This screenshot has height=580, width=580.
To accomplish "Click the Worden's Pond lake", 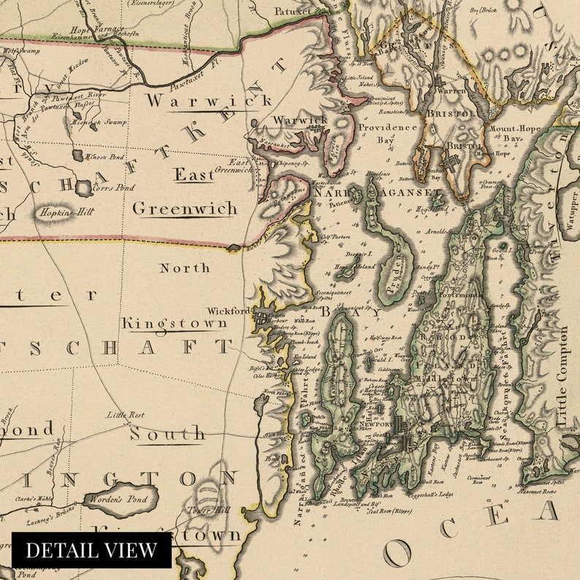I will pyautogui.click(x=121, y=498).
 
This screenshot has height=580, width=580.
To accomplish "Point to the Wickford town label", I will pyautogui.click(x=229, y=310).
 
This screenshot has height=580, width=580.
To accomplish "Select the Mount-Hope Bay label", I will pyautogui.click(x=515, y=133).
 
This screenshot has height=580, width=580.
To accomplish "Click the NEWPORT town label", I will pyautogui.click(x=375, y=424).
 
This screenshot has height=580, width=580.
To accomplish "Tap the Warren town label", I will pyautogui.click(x=450, y=91).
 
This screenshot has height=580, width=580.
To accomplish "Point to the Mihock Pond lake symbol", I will pyautogui.click(x=77, y=156).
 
